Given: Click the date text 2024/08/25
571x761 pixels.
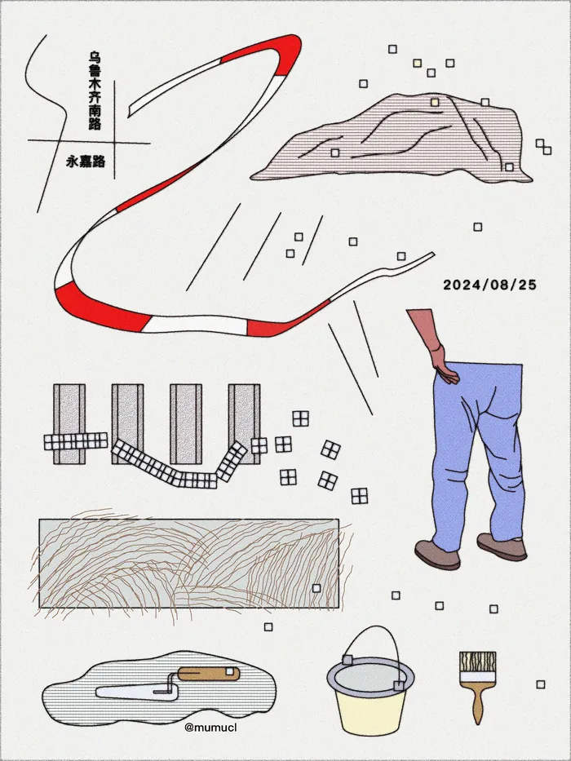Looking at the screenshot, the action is [x=489, y=285].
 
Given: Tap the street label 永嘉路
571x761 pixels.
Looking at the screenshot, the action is [x=86, y=161].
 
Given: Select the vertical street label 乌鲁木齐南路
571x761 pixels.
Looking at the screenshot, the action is [x=95, y=91].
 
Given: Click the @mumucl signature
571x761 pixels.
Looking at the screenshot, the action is [x=210, y=728].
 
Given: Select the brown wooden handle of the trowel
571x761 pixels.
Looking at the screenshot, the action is [x=208, y=674].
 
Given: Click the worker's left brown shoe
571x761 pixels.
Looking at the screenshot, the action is [x=437, y=555].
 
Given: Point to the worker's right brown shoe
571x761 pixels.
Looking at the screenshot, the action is [x=502, y=547].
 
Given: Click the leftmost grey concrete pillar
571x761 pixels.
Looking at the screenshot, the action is [x=69, y=423].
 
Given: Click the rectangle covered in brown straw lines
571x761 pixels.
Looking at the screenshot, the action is [x=189, y=563].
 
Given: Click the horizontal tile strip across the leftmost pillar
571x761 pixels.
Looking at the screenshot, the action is [x=76, y=441].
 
